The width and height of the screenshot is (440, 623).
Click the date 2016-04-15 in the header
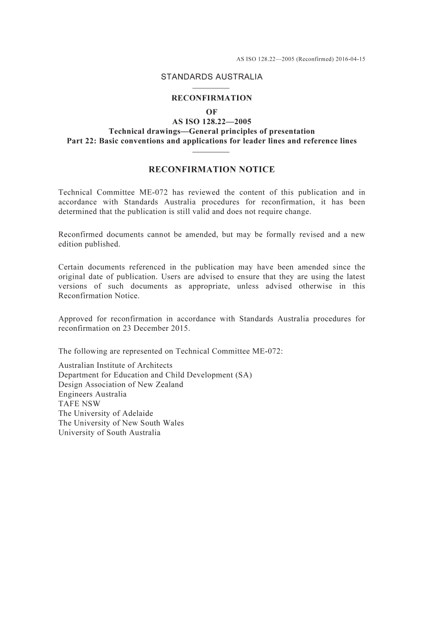tap(350, 59)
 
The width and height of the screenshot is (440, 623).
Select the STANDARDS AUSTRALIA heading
tap(212, 77)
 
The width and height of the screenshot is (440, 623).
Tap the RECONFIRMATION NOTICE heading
tap(212, 170)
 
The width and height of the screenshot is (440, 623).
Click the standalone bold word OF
tap(212, 112)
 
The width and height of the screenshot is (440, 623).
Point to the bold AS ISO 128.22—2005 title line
tap(212, 122)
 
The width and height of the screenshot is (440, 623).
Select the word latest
tap(354, 277)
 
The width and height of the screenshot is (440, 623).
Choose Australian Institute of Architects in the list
tap(115, 365)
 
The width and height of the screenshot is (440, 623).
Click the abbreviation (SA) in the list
tap(243, 375)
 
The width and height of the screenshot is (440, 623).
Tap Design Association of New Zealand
tap(121, 384)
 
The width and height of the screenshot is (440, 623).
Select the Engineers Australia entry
tap(93, 394)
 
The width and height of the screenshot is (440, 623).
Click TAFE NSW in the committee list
tap(79, 403)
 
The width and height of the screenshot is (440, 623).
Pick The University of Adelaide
tap(106, 413)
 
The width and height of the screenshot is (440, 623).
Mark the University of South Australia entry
tap(109, 433)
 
